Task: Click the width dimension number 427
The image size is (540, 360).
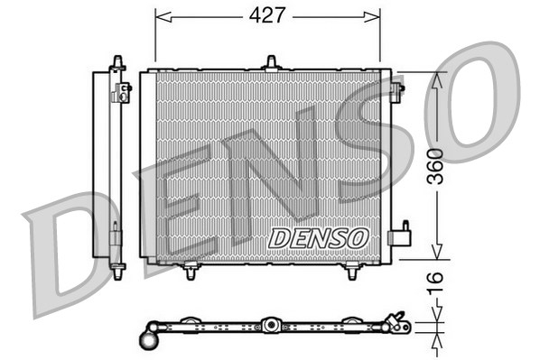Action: click(267, 15)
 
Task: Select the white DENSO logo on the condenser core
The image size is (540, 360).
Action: click(319, 237)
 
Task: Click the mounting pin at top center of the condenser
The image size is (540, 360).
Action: click(270, 62)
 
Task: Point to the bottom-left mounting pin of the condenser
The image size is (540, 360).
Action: click(191, 271)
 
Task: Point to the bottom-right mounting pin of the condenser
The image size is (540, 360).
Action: click(352, 271)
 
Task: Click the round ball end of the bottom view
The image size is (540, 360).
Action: click(149, 340)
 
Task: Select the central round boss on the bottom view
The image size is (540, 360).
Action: click(270, 325)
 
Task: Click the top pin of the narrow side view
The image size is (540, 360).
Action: click(116, 62)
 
